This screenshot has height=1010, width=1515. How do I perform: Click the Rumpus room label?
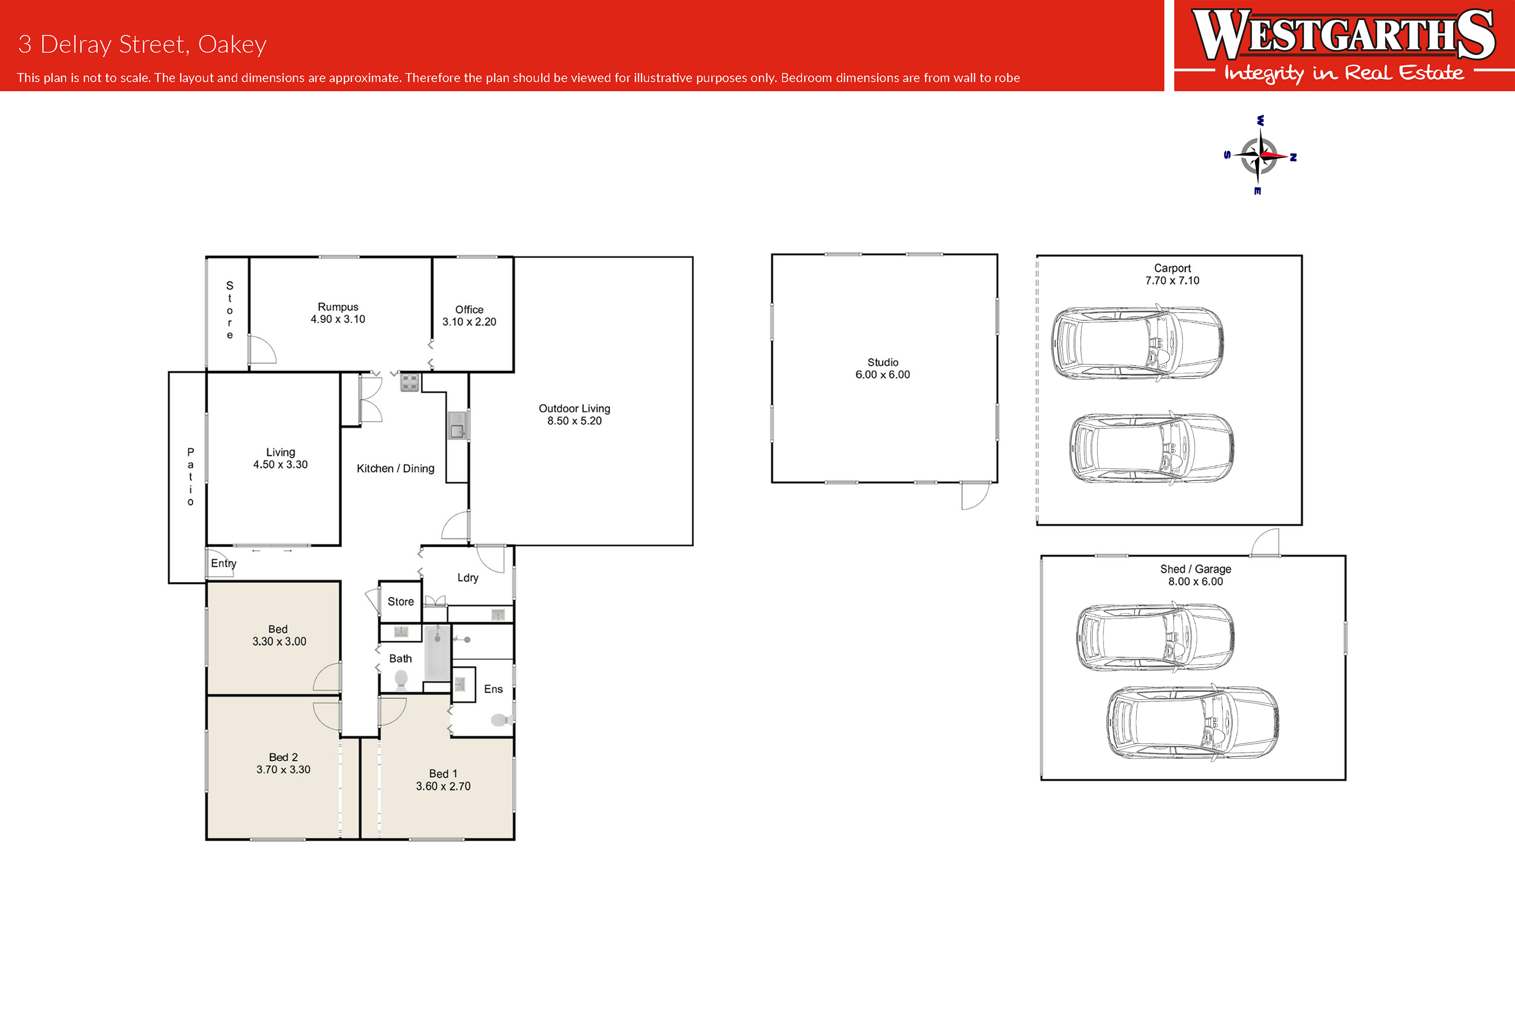pos(337,307)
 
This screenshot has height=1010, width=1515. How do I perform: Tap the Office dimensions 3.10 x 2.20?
pos(469,322)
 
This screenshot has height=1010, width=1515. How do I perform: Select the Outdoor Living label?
pos(574,408)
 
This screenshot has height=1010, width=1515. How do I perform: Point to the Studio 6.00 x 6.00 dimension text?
pos(883,375)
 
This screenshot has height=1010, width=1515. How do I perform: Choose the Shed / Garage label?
pos(1196,569)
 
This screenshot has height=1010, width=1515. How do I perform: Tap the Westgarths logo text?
pos(1344,35)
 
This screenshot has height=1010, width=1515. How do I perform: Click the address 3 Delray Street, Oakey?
pos(142,44)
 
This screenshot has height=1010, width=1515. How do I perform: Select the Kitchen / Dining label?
pos(395,469)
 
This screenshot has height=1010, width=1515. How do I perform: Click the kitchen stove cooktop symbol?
pos(410,382)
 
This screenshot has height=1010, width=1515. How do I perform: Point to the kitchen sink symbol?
pos(457,426)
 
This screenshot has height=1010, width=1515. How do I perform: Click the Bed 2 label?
pos(283,757)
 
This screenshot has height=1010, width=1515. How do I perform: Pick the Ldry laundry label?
pos(468,578)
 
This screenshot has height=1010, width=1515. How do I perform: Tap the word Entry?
pos(223,564)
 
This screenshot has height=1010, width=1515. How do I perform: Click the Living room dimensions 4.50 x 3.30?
pos(280,465)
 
